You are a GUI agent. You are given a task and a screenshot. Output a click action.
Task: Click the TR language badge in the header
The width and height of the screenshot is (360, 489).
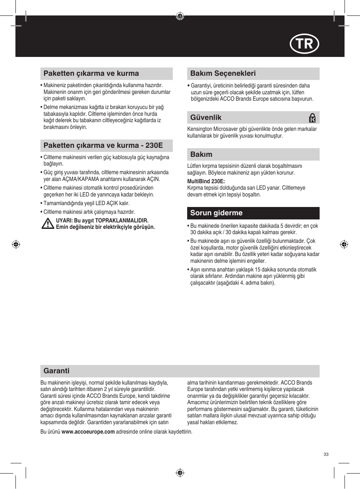304,44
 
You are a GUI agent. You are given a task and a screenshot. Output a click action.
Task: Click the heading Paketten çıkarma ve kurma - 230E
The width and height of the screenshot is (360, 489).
103,146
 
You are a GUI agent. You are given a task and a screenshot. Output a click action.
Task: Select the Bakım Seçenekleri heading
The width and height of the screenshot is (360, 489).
223,74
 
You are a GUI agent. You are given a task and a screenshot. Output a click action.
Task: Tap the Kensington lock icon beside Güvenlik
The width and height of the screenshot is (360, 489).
312,118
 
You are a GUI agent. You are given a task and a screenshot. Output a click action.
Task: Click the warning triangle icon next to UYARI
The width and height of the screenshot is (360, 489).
48,224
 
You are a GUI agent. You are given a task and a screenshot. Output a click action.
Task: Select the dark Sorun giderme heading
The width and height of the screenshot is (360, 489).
216,213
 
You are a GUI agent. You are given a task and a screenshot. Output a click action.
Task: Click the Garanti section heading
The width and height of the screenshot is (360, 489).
56,371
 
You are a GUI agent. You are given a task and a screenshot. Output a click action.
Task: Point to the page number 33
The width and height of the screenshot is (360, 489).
326,454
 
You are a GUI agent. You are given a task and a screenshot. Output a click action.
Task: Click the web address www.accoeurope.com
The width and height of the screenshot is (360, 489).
88,432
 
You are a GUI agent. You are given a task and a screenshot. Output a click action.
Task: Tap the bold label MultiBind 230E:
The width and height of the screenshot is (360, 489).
206,181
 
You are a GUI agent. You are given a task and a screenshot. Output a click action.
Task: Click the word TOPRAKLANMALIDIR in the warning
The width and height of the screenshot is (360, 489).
122,221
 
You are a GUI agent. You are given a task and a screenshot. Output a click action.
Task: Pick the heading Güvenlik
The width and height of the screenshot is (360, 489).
206,118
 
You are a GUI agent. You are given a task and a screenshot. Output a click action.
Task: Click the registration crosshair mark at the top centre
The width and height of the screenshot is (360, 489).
180,16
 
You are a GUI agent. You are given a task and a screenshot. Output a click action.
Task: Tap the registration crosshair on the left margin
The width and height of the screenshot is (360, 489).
16,244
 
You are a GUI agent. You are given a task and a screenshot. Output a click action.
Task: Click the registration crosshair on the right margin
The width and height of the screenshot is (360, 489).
344,244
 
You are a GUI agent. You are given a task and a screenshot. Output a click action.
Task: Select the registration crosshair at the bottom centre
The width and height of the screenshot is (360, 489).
180,473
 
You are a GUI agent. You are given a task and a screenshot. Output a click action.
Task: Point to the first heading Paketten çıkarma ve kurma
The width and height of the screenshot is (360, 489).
91,74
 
